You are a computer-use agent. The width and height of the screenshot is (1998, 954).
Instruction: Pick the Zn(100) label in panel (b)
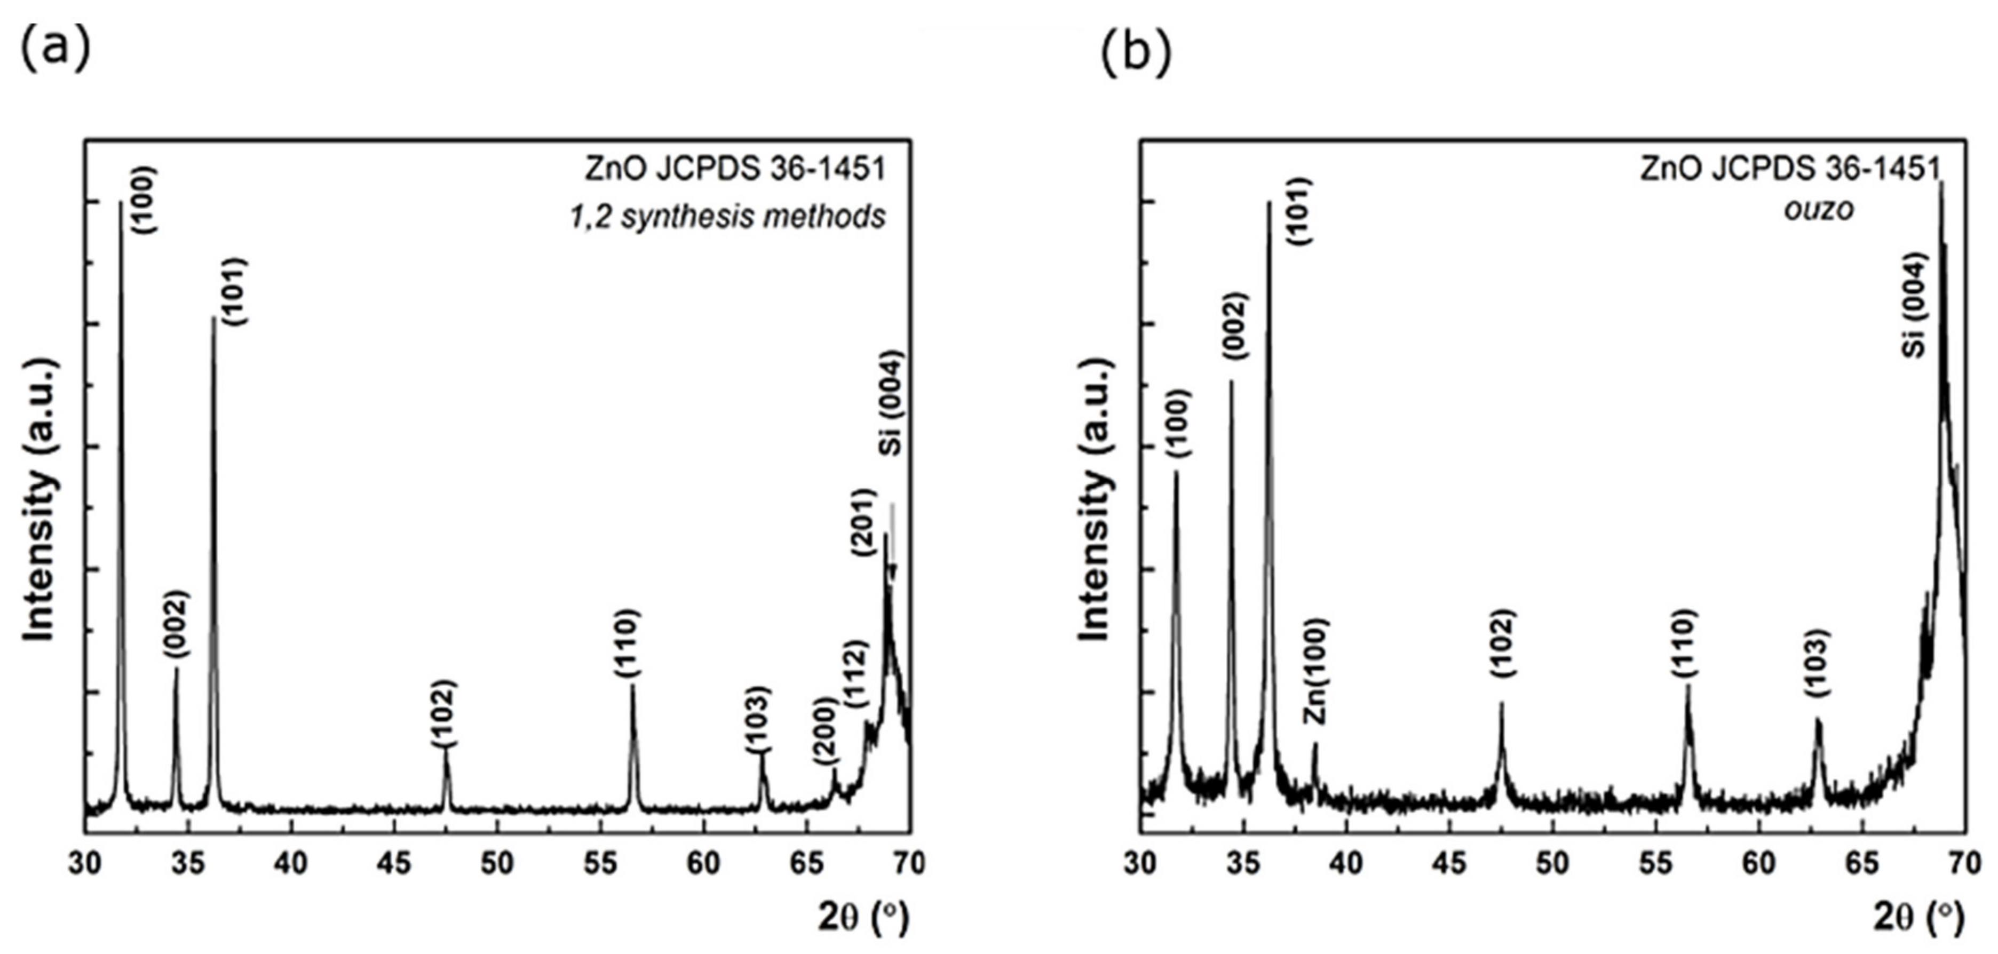coord(1315,672)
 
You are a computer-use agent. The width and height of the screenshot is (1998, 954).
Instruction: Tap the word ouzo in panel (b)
coord(1819,210)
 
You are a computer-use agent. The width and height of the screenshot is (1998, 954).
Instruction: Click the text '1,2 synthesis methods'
coord(727,217)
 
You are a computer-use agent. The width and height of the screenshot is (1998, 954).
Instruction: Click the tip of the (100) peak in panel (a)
coord(120,203)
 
